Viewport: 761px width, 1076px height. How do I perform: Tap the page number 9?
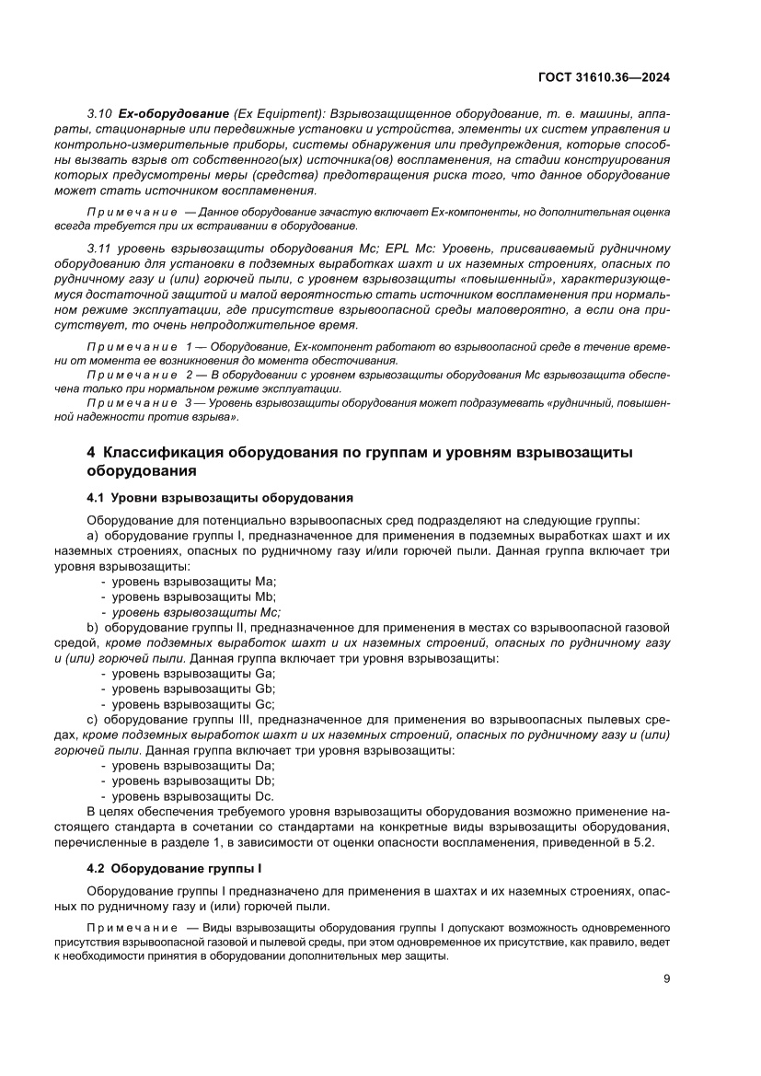click(x=666, y=979)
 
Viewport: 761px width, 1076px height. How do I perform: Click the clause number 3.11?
click(x=98, y=249)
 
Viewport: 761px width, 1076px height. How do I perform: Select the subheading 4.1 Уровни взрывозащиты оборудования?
click(x=219, y=498)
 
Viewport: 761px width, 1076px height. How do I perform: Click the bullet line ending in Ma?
click(x=195, y=582)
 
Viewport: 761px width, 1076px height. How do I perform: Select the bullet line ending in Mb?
click(x=195, y=596)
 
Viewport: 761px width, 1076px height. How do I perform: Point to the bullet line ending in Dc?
click(x=193, y=796)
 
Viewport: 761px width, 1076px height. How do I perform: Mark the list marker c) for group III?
click(x=91, y=720)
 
